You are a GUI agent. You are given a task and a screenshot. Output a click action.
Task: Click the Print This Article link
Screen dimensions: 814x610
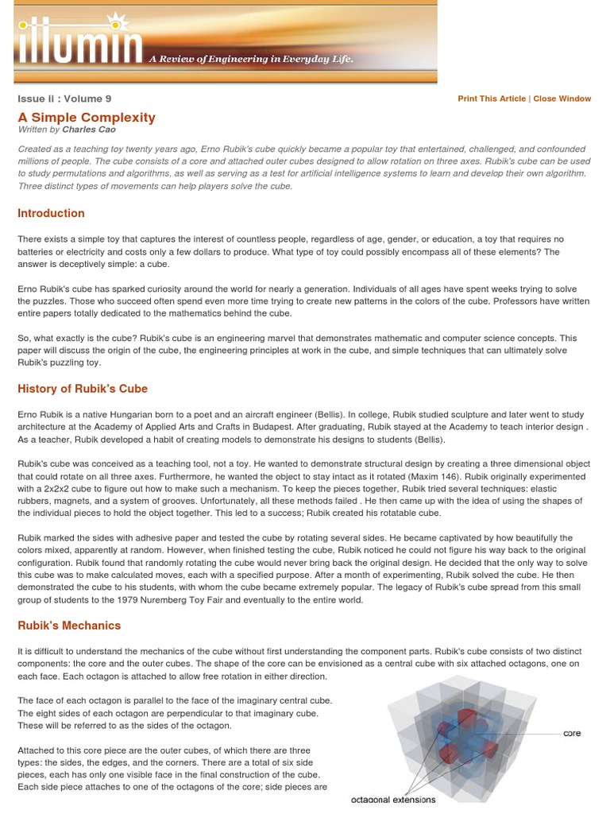tap(492, 99)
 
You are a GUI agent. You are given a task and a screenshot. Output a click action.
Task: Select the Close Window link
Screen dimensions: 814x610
tap(562, 99)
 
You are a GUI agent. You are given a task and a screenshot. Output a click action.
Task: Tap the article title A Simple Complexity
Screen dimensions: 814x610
tap(87, 117)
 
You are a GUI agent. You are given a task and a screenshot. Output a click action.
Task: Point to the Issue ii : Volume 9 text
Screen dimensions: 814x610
tap(64, 99)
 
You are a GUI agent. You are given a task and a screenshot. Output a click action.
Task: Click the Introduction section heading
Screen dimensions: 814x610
tap(51, 213)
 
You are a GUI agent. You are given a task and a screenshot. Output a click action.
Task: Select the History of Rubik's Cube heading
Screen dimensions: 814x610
tap(83, 389)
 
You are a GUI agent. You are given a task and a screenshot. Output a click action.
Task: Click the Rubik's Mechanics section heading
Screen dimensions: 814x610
tap(69, 625)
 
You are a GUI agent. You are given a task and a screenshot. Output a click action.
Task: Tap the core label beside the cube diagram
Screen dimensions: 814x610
tap(572, 733)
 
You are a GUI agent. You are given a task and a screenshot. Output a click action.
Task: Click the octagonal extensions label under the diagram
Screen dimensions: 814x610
tap(393, 800)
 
